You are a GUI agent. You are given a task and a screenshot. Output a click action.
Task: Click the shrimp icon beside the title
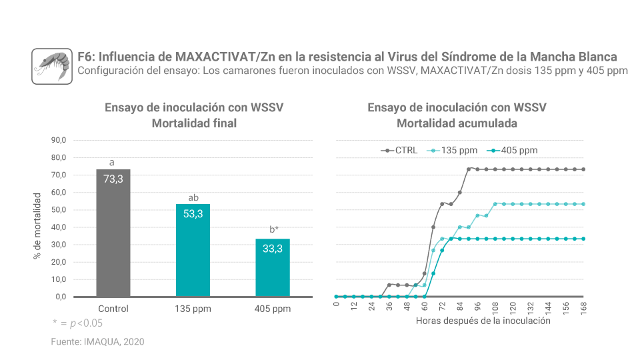52,66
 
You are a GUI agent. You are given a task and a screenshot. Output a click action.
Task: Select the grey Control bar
113,233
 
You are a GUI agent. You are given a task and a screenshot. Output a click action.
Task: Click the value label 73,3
113,179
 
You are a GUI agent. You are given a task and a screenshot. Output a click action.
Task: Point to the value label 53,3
193,213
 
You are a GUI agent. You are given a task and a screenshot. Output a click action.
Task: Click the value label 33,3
273,248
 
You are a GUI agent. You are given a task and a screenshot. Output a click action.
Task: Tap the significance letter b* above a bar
274,229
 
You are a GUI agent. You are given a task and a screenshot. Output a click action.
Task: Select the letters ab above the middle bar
193,197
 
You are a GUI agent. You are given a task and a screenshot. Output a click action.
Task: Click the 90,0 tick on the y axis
58,140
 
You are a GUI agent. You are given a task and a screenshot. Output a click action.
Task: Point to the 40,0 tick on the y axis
58,227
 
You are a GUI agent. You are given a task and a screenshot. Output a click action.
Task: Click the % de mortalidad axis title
37,227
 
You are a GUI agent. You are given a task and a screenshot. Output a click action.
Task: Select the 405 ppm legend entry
513,151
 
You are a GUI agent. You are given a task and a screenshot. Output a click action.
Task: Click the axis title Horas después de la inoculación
483,321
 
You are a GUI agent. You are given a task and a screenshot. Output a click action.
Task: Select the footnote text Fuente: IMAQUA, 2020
97,341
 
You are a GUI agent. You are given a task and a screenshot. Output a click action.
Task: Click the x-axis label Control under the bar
113,309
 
